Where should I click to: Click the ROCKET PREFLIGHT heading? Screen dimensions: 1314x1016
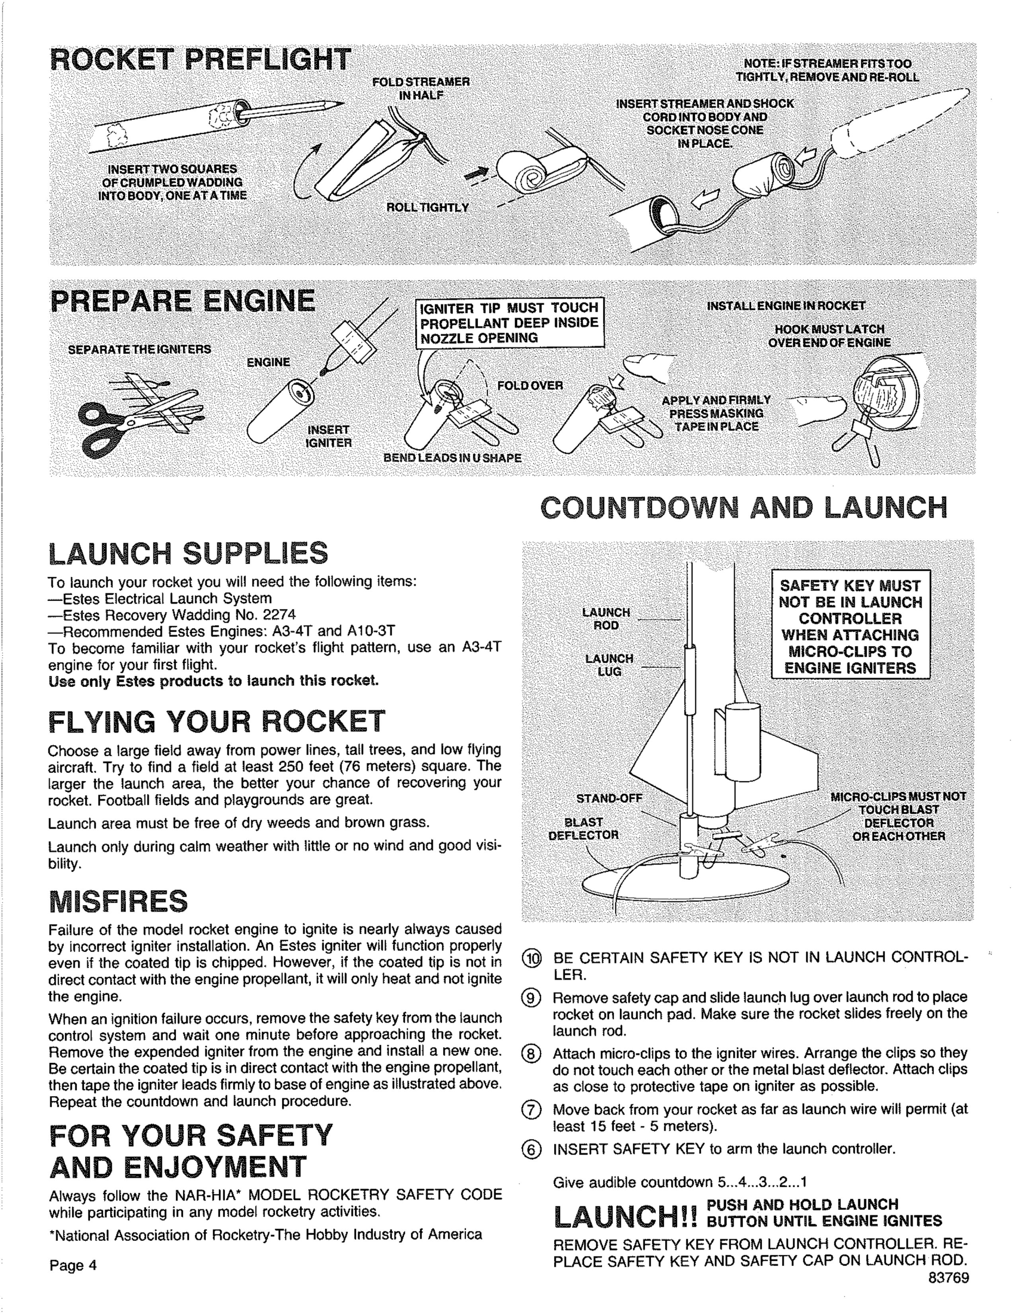[x=200, y=60]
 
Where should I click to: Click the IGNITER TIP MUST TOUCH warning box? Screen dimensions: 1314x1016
[x=510, y=323]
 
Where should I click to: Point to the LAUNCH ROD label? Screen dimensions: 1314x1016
[x=606, y=618]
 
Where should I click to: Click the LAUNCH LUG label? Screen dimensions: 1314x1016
[x=609, y=665]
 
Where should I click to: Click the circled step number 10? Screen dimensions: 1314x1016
[x=532, y=957]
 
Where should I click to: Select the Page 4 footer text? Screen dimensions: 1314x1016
[x=73, y=1265]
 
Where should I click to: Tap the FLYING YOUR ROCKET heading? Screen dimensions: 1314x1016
[x=216, y=721]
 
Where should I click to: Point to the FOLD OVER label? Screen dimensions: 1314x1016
[x=529, y=386]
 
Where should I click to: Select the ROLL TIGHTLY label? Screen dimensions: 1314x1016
[x=427, y=208]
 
